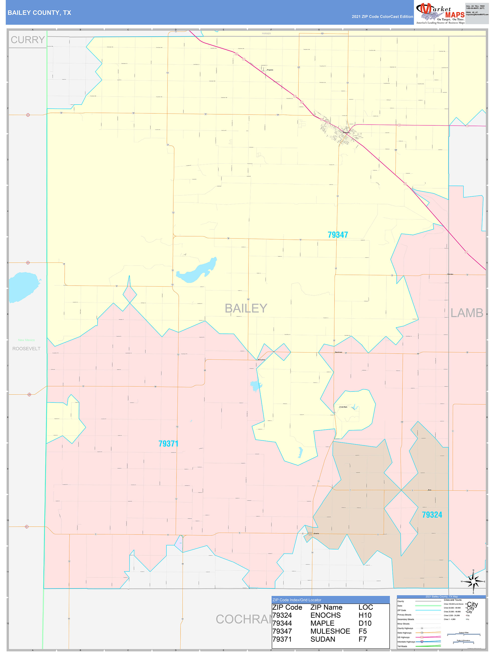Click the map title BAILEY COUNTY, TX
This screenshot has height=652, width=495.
[39, 13]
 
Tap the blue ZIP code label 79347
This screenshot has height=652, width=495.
[338, 235]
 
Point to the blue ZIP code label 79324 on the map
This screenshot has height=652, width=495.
[432, 515]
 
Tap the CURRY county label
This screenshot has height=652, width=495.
[28, 40]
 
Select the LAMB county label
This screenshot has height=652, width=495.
[467, 313]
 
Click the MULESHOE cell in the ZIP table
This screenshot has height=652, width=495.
[330, 631]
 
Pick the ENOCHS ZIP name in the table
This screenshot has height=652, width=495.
[325, 615]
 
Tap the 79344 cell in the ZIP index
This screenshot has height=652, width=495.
[282, 623]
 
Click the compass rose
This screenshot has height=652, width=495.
[473, 582]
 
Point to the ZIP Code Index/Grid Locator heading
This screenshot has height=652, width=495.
[297, 600]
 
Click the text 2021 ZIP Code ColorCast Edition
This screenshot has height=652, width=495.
[382, 17]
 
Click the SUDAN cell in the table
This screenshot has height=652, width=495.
[322, 639]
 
